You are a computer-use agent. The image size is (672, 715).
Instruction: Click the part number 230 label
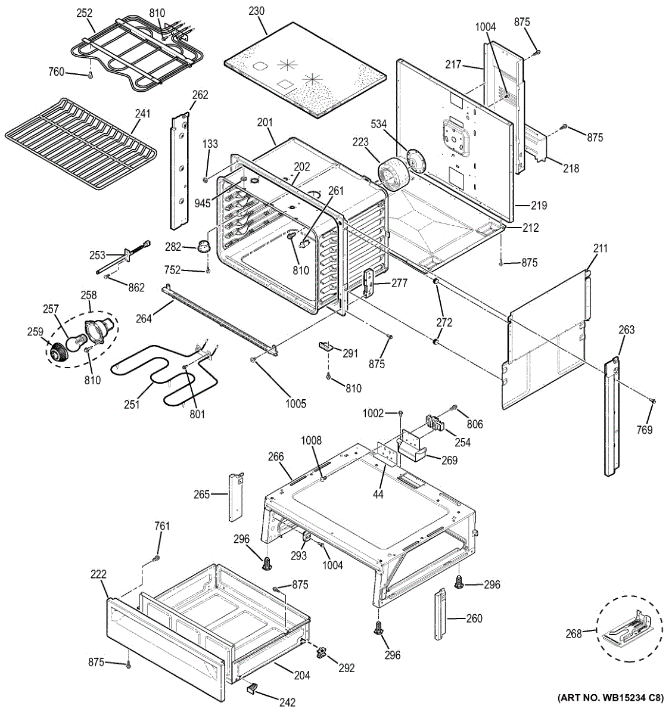(x=256, y=11)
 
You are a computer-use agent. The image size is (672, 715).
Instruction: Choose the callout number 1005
(x=295, y=403)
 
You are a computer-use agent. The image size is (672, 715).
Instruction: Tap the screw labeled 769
(x=654, y=401)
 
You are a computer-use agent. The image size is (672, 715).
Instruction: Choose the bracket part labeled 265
(x=236, y=497)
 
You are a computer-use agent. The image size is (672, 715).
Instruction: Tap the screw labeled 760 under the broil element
(x=90, y=75)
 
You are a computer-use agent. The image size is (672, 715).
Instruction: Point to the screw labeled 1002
(x=401, y=413)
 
